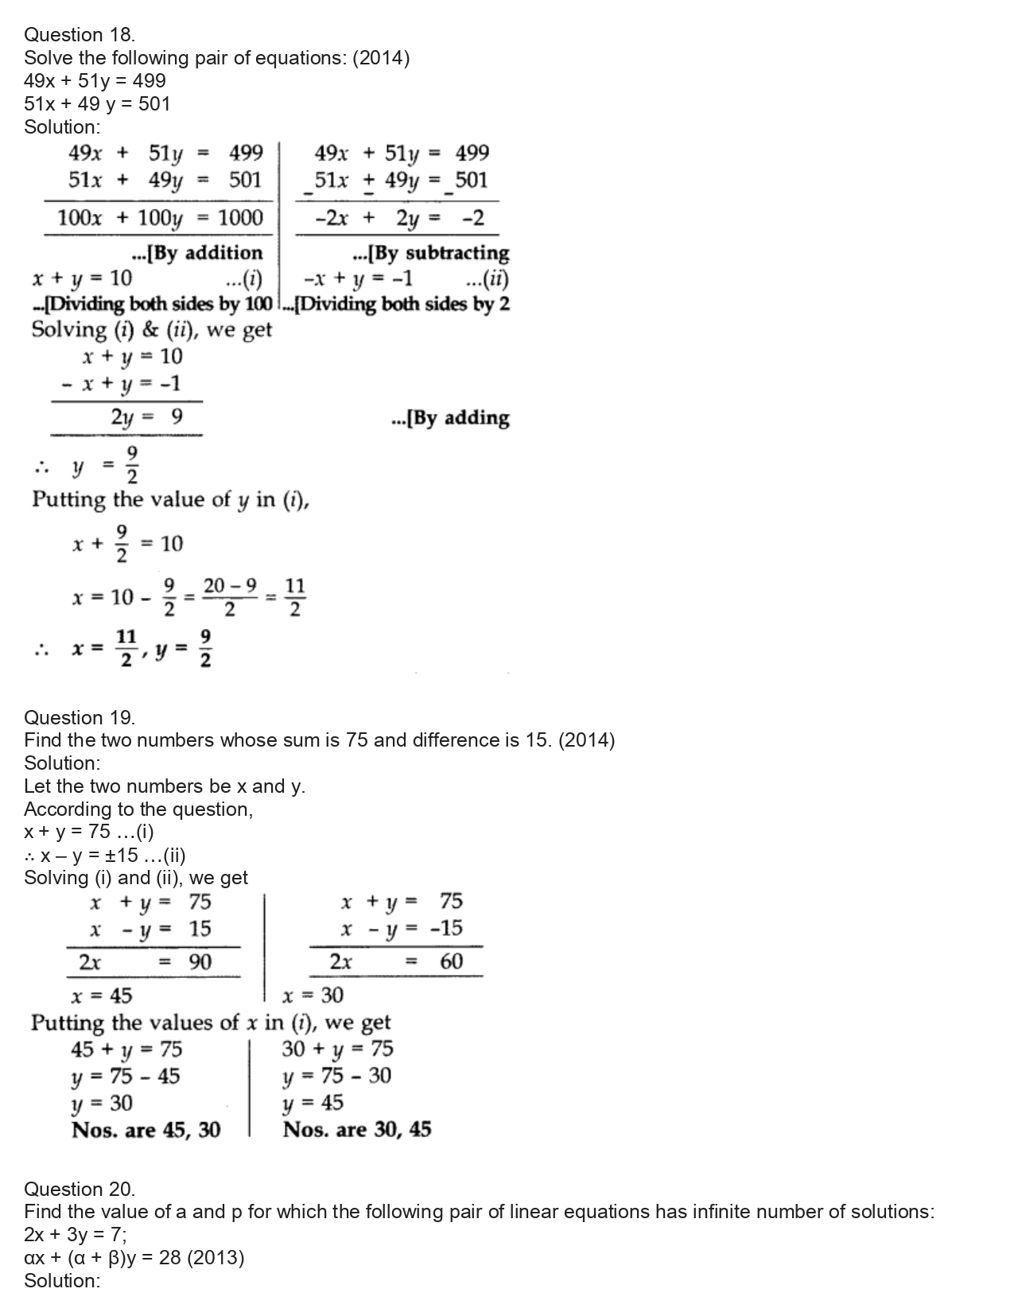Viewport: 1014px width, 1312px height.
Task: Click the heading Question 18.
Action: point(80,34)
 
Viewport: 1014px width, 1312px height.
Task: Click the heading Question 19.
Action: point(80,717)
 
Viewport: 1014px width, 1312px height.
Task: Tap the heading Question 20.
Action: point(80,1189)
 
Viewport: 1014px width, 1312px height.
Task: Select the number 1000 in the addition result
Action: point(240,218)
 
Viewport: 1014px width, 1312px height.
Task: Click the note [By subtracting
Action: point(430,253)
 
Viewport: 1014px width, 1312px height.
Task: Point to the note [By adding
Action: point(450,418)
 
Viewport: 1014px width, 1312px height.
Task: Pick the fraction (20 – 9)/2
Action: point(230,597)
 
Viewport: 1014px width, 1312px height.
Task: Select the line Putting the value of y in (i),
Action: point(170,500)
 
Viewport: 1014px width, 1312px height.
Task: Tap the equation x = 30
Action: point(313,996)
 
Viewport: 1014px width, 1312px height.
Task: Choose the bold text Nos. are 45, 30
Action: point(146,1130)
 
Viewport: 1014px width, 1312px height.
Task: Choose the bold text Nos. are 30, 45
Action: point(357,1130)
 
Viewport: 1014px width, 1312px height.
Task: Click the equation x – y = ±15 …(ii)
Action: point(105,856)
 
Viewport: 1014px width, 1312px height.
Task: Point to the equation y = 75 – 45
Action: point(126,1077)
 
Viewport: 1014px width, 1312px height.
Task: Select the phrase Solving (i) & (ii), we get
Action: point(151,330)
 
